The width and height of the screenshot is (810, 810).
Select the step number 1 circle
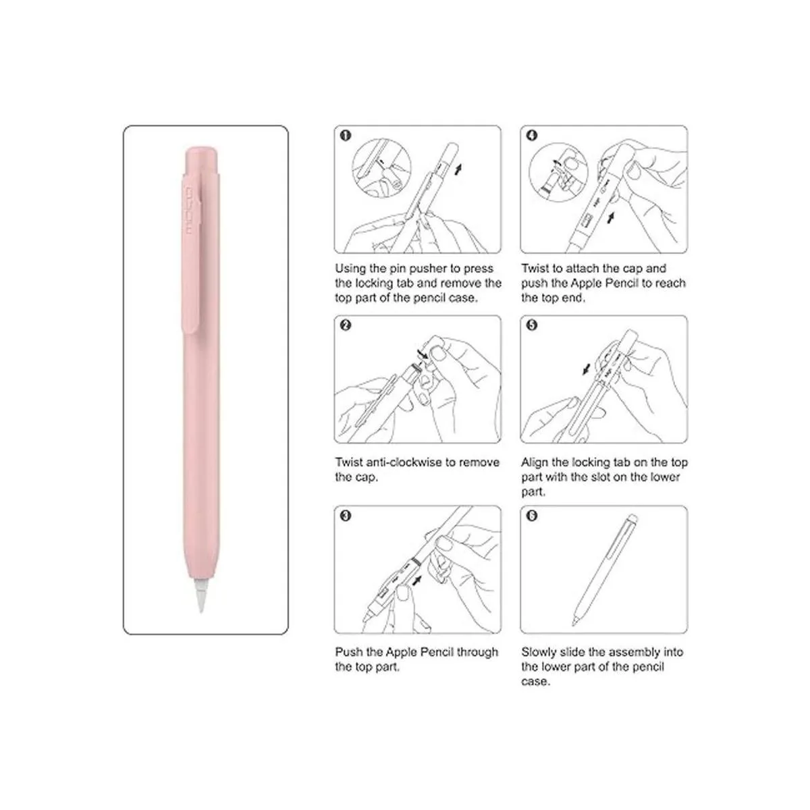click(346, 136)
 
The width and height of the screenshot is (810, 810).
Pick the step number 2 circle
click(346, 325)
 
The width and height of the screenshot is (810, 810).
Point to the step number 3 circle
click(346, 516)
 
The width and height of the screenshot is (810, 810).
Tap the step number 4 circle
click(532, 136)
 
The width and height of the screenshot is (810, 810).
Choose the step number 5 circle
click(532, 325)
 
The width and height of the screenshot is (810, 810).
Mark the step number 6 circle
click(532, 516)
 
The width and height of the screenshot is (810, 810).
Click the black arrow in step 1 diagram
click(458, 170)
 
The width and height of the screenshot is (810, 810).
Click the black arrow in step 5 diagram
click(587, 369)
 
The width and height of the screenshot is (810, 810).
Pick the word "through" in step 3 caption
click(477, 652)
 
